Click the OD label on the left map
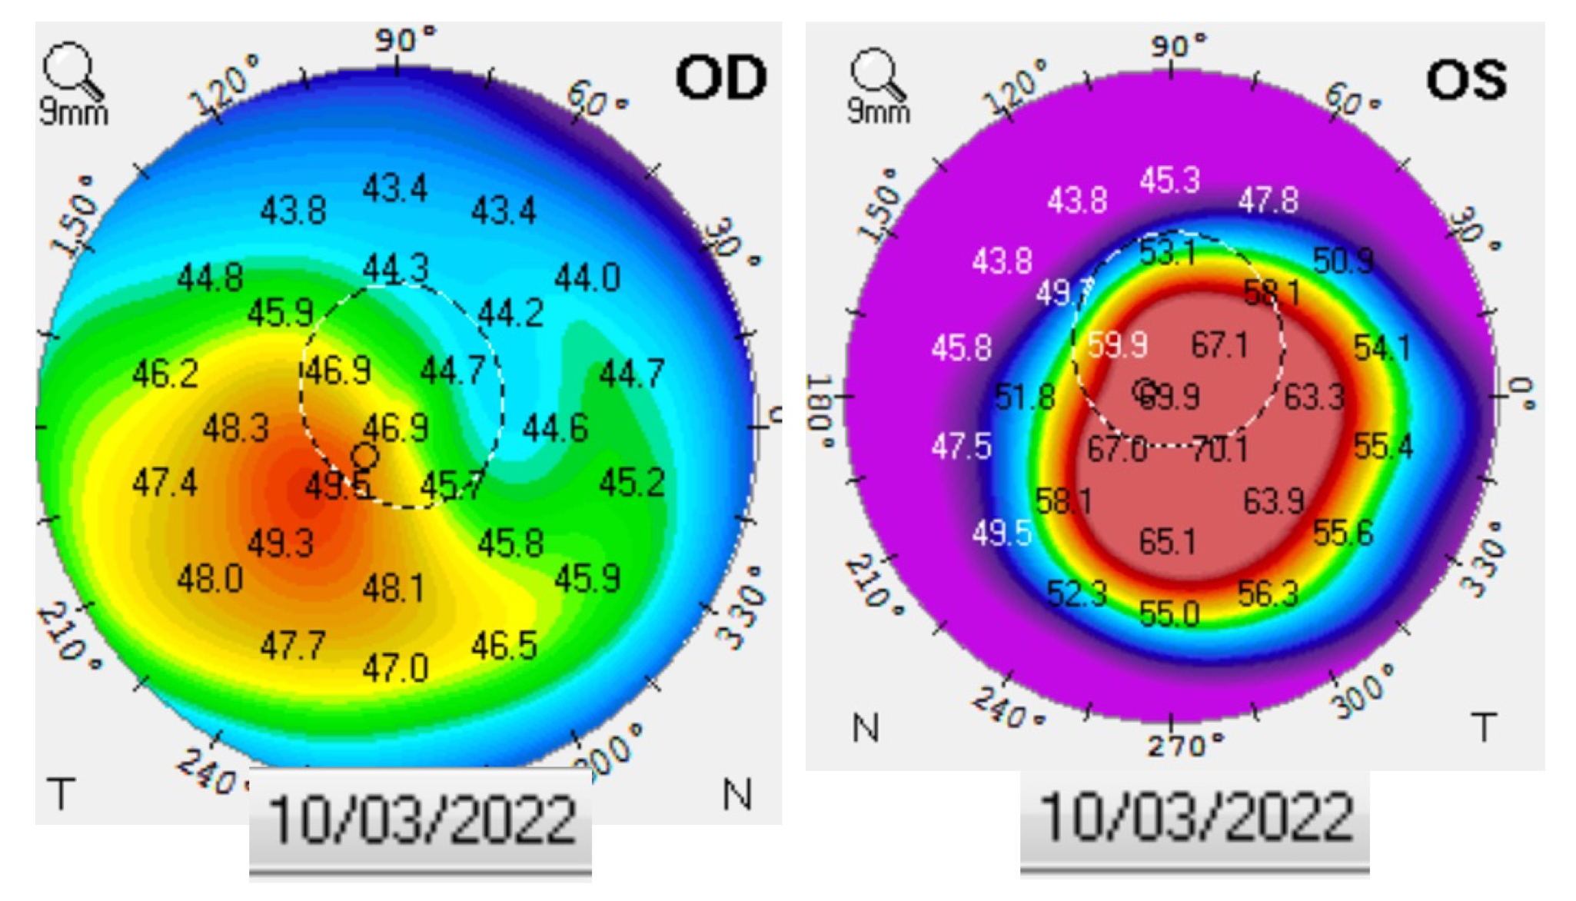721,78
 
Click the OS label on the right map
1466,79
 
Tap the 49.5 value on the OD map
337,486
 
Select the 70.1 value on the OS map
1219,448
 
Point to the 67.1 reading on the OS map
1219,344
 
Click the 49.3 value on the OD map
281,544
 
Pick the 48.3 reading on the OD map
236,428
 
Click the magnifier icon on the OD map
71,69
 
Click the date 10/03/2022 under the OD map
421,820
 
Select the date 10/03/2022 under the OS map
1195,816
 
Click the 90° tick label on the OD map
404,38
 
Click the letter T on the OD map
61,793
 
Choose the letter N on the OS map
866,727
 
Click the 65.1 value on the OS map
1167,542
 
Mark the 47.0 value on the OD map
395,668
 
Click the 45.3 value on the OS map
1169,180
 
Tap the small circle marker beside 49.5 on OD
365,456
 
